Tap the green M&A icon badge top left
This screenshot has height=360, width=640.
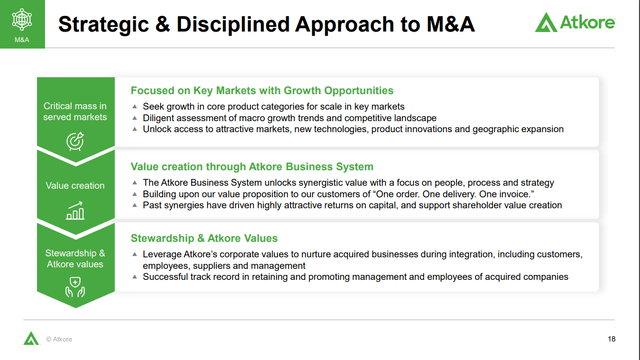click(x=21, y=25)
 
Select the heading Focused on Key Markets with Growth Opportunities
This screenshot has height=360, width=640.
click(x=262, y=91)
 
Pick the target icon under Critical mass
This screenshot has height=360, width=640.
click(x=75, y=140)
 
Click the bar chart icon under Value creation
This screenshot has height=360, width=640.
click(x=75, y=211)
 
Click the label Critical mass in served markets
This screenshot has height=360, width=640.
click(x=75, y=112)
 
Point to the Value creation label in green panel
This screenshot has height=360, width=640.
click(x=75, y=185)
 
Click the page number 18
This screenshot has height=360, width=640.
click(x=611, y=338)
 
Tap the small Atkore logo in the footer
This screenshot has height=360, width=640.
click(x=30, y=338)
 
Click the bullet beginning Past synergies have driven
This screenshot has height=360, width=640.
click(x=350, y=205)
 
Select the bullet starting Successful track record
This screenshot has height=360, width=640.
click(x=350, y=277)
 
